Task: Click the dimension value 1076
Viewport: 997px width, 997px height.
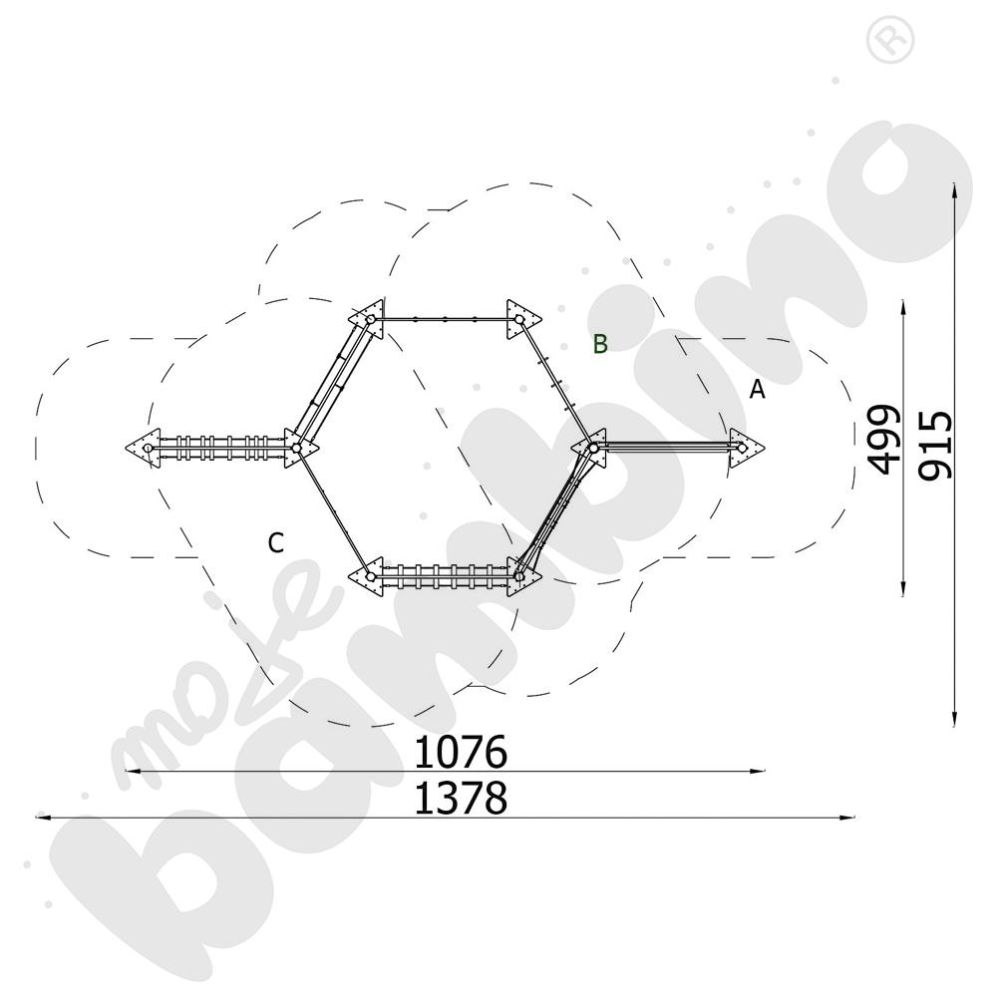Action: [x=461, y=752]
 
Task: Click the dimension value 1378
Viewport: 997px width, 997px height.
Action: [x=461, y=798]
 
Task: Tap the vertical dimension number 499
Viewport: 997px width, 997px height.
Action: [x=884, y=440]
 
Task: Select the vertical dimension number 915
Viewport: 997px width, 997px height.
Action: [x=936, y=445]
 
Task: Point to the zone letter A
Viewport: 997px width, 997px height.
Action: [x=757, y=389]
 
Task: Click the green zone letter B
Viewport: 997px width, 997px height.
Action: [x=600, y=343]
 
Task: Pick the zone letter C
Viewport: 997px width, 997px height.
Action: [x=275, y=543]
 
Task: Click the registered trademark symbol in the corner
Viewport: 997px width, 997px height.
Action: [x=890, y=41]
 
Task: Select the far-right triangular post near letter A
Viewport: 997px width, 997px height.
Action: [x=745, y=448]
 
